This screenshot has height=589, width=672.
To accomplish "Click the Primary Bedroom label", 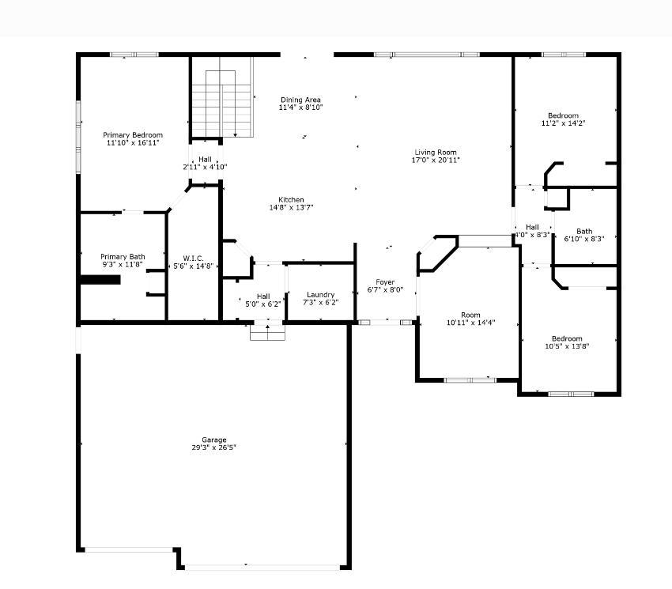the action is (x=133, y=135).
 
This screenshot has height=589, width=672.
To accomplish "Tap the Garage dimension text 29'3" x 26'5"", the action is (x=214, y=447).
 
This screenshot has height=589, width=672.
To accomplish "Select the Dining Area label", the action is (x=300, y=100).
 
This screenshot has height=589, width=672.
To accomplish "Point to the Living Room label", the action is (x=436, y=152).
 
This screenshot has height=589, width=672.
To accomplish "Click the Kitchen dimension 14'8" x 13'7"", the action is (x=292, y=207).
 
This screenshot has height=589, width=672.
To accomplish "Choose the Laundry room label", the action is (x=320, y=295).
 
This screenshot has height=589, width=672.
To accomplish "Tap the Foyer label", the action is (x=385, y=282).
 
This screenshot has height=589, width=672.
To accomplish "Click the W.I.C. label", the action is (x=193, y=258).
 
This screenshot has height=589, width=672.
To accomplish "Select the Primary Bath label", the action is (x=123, y=257).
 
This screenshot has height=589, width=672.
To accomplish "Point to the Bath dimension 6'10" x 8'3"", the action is (x=584, y=239).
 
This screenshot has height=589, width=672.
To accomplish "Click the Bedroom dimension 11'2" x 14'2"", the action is (x=563, y=123).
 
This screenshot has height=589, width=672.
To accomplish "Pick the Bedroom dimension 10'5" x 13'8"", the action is (x=567, y=346).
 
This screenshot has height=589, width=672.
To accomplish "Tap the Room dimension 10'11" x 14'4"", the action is (x=470, y=323).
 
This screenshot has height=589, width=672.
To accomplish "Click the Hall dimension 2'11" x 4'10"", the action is (x=205, y=167).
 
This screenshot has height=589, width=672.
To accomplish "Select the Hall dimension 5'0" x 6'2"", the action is (x=263, y=304).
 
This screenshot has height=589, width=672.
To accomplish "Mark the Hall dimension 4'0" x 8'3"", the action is (x=532, y=235).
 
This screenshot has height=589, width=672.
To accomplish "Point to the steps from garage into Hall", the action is (x=267, y=333).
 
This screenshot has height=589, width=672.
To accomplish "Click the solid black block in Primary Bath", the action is (x=100, y=280).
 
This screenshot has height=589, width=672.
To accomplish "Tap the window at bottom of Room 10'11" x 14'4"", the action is (x=470, y=380).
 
